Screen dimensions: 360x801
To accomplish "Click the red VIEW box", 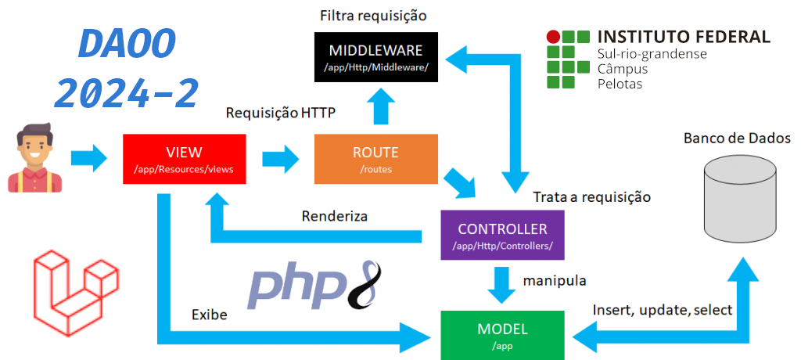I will tap(185, 159).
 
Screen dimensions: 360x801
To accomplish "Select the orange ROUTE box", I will tap(375, 159).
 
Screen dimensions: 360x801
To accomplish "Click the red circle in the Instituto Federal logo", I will tap(553, 36).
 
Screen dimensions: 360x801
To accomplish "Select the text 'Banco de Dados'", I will tap(731, 139).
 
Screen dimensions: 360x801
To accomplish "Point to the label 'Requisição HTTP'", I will tap(281, 113).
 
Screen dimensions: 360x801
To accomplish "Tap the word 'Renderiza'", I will tap(335, 215).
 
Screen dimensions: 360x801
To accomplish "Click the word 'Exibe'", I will tap(210, 315).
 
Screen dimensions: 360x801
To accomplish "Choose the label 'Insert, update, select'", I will tap(663, 310).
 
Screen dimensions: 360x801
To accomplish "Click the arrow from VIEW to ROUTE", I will tap(280, 159).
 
